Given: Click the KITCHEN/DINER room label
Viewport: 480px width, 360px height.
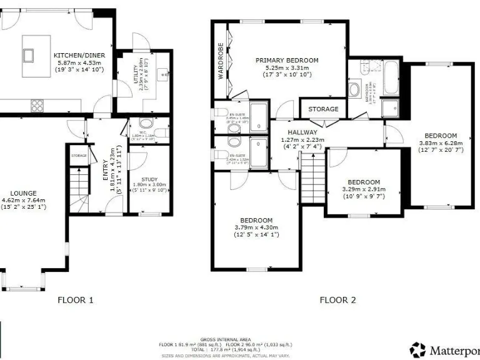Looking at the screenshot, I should pos(79,55).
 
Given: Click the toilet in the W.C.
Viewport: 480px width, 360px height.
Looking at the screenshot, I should pos(146,123).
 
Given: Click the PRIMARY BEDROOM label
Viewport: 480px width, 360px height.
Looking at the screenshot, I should pos(287,60).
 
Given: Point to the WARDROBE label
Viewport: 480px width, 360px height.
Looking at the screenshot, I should pos(221,62).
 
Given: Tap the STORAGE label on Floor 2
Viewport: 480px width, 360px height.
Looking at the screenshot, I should pos(323,109).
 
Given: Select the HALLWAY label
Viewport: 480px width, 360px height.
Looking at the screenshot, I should pos(302,132).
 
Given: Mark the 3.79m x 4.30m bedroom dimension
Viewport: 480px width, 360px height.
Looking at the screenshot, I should pos(256,227).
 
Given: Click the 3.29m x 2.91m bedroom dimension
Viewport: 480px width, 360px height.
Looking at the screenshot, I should pos(364,189).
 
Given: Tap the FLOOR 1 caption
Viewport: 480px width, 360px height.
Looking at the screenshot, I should pos(76,300).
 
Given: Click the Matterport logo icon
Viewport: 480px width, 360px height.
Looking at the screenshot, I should pos(417,349).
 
